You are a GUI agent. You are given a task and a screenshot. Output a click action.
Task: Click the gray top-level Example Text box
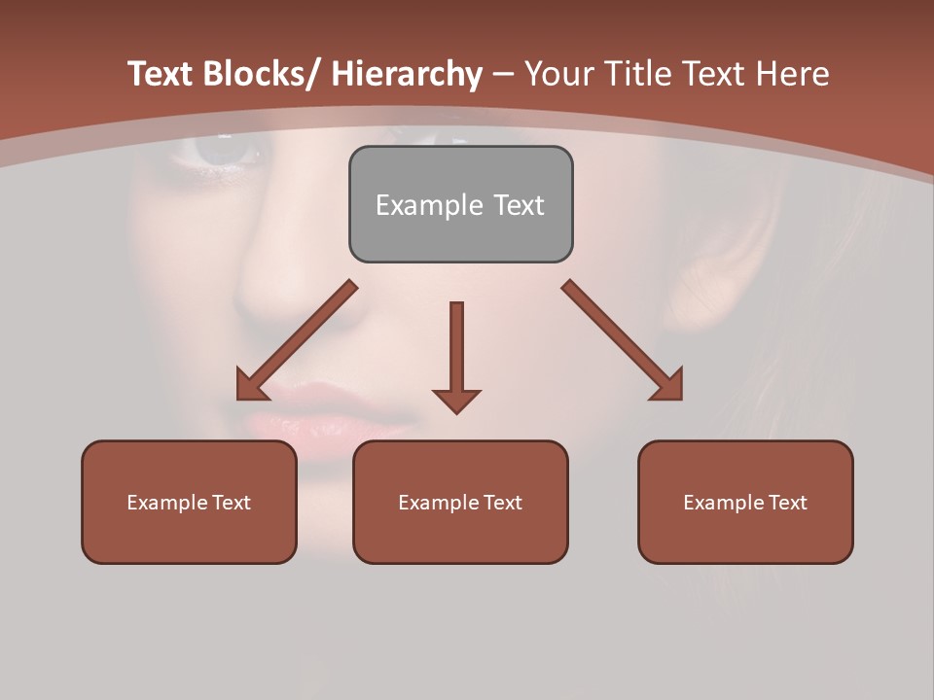460,204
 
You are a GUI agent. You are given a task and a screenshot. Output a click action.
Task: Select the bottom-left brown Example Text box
189,502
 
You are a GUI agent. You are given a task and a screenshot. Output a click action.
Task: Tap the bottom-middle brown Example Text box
460,502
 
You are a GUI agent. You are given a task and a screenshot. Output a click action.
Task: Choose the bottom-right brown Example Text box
745,502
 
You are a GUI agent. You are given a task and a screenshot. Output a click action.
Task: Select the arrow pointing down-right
623,340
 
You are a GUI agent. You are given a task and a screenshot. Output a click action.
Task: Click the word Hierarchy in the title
407,75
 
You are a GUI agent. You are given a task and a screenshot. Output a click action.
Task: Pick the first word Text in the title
162,75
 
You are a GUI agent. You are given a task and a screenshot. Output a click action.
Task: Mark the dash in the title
503,75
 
